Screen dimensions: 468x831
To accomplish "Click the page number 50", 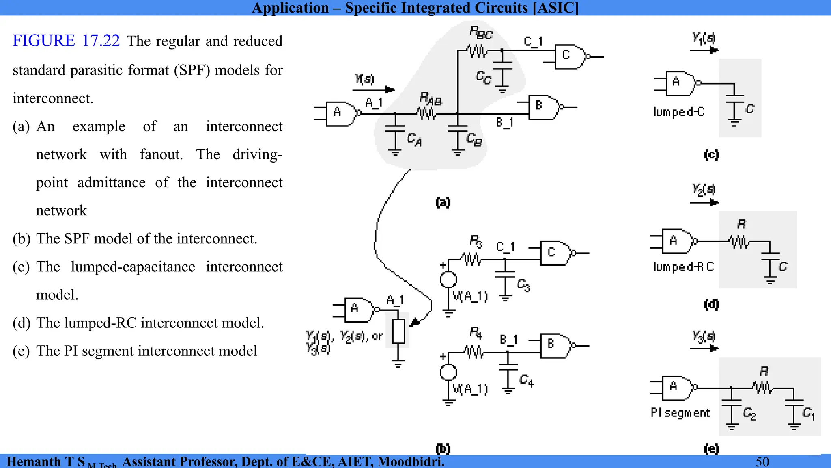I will (762, 462).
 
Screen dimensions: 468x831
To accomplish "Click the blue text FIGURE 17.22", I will (66, 41).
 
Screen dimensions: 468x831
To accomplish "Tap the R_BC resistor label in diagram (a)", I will (481, 33).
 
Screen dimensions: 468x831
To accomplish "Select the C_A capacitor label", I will (414, 140).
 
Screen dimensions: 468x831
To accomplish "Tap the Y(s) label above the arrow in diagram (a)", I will (364, 78).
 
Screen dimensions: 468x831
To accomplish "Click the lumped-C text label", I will (679, 112).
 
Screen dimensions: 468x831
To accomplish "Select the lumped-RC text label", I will (683, 266).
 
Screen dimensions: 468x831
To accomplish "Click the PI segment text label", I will (680, 413).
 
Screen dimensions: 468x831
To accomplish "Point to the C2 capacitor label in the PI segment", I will (749, 414).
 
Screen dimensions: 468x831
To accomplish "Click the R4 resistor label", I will (476, 334).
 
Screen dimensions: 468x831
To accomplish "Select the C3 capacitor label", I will (523, 285).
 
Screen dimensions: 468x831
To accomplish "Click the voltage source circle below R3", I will (448, 279).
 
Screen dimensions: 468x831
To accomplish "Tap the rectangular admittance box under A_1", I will (398, 331).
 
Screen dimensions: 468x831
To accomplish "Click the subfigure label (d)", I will (711, 304).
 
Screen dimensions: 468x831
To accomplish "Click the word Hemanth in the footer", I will (34, 462).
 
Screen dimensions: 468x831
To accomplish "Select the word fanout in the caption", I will (161, 154).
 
